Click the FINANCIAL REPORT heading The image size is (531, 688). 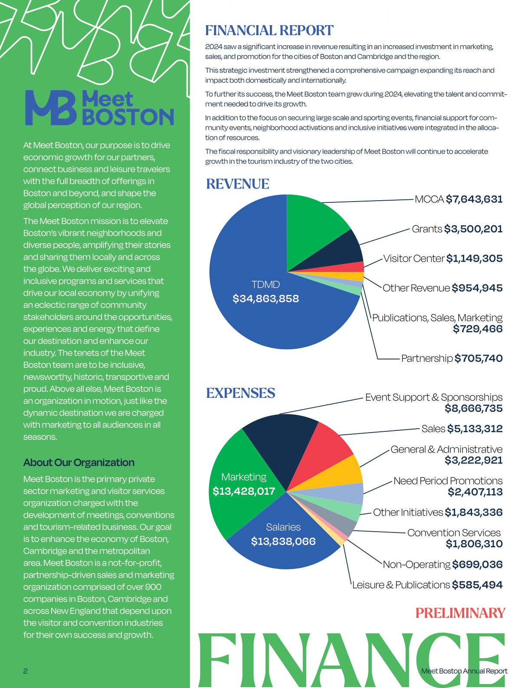269,30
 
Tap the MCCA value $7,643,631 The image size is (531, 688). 474,199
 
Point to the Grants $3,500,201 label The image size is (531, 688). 457,229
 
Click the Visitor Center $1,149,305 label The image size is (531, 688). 442,258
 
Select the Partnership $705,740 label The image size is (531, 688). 452,358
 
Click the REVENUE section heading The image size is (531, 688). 238,184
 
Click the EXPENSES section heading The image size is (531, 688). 241,393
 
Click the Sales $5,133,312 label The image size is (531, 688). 462,429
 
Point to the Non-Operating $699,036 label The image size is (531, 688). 442,565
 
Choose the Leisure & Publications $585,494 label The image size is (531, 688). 427,585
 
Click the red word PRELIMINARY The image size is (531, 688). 460,613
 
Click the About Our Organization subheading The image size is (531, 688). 79,463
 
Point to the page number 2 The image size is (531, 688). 26,671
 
